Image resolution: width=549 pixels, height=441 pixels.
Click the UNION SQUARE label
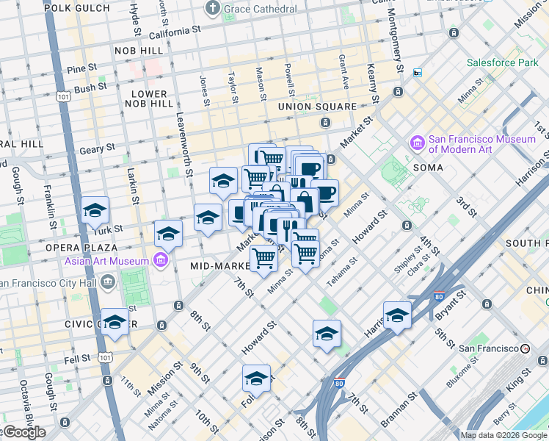click(316, 107)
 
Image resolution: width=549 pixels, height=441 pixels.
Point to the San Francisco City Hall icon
click(108, 282)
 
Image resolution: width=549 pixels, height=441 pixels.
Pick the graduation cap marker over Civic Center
click(115, 322)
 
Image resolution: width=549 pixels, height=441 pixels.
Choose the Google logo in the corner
click(23, 432)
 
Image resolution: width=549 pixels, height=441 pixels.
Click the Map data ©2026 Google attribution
click(503, 435)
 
